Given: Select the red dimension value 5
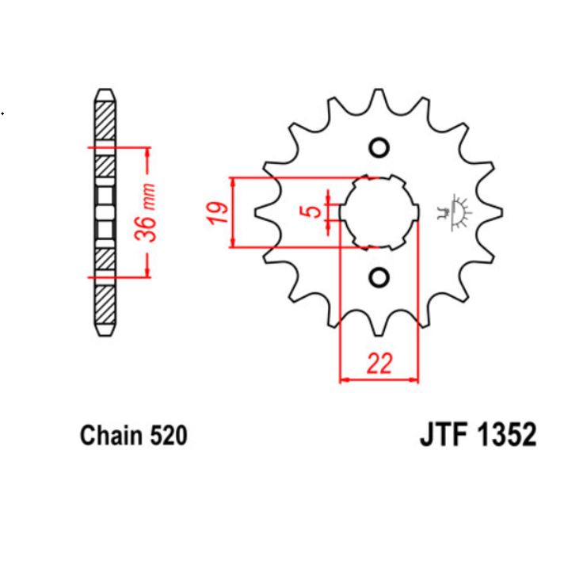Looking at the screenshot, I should (x=314, y=211).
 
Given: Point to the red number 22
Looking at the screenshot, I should (x=379, y=364).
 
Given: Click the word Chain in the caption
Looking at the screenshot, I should (x=109, y=436).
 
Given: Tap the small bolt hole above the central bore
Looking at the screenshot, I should (x=379, y=148).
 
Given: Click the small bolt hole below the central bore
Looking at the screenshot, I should (x=379, y=276).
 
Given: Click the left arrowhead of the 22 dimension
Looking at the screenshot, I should (x=344, y=380).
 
